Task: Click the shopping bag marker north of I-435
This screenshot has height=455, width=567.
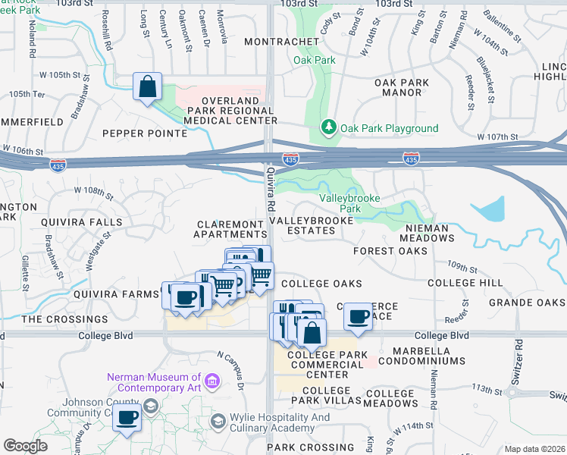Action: (148, 86)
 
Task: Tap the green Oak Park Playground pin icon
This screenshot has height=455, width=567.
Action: (329, 128)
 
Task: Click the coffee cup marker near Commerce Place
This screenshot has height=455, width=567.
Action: (359, 316)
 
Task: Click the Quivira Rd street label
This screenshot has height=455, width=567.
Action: (271, 191)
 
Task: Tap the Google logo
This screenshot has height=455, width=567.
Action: (26, 446)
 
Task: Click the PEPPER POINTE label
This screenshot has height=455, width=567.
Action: (145, 133)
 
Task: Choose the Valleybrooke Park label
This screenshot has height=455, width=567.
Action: (349, 202)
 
